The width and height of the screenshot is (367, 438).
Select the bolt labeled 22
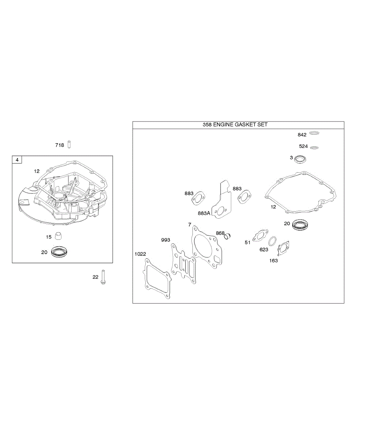pos(104,277)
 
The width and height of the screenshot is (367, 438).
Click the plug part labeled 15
pos(58,236)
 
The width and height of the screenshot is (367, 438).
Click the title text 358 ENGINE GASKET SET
pos(235,124)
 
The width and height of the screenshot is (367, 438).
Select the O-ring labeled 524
pos(314,147)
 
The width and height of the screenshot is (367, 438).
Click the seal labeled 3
pos(301,160)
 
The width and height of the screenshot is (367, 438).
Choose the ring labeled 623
pos(272,241)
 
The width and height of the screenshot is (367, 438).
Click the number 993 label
pos(165,240)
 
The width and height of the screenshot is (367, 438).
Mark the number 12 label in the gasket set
pos(273,207)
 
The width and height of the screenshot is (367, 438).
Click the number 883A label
pos(204,213)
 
